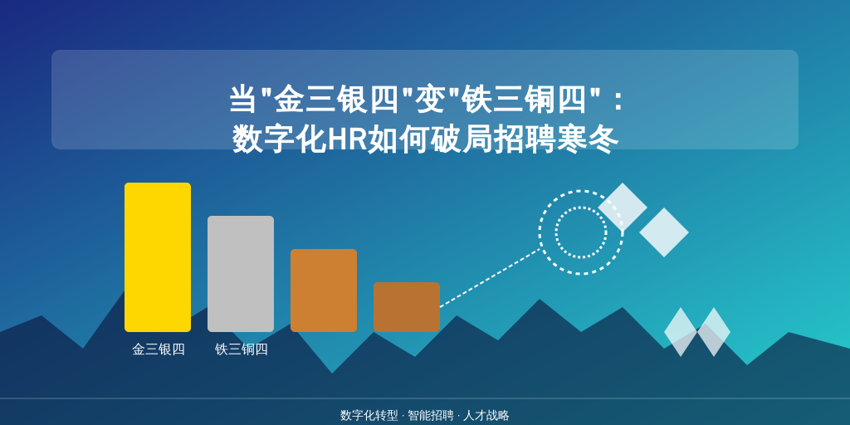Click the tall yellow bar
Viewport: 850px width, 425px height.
click(158, 257)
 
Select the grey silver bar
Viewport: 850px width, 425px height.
click(241, 274)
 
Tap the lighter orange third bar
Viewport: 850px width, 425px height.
click(324, 291)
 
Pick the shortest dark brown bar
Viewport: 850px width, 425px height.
click(407, 307)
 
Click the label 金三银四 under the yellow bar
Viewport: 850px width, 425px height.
click(159, 349)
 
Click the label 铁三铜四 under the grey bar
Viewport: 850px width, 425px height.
click(242, 349)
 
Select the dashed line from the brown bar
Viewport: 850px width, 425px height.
click(490, 277)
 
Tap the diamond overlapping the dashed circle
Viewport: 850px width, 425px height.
click(623, 207)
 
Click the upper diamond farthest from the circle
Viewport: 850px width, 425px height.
click(664, 232)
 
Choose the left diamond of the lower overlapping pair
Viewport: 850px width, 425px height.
click(681, 332)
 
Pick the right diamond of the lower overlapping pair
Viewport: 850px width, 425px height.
click(713, 332)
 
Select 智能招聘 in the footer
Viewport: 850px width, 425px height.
click(431, 416)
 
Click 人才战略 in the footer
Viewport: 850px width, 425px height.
click(486, 416)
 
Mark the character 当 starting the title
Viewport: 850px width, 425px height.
click(243, 100)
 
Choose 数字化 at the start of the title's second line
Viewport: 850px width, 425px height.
click(279, 139)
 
